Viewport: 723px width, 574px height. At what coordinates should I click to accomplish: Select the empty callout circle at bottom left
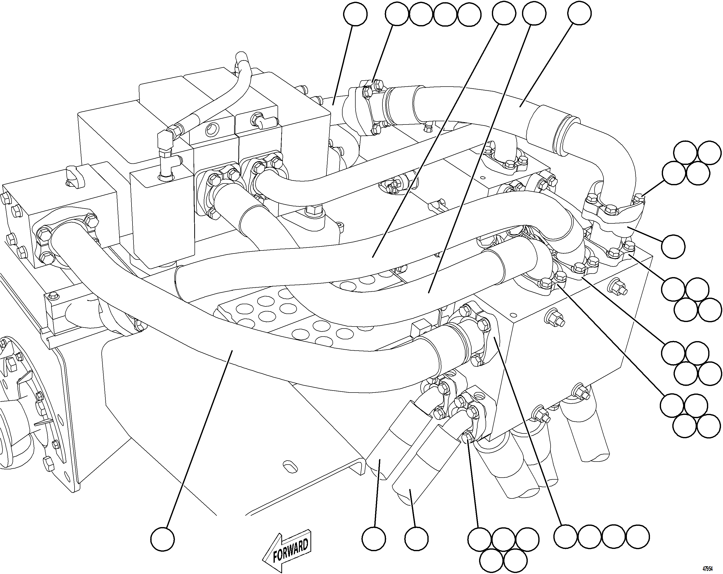tap(162, 539)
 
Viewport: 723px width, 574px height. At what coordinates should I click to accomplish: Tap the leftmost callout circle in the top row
tap(355, 14)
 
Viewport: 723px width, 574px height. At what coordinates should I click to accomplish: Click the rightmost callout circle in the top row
tap(579, 13)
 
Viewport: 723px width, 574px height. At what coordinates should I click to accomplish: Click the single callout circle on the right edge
tap(673, 246)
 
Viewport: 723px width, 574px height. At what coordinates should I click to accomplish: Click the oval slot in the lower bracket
tap(290, 467)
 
